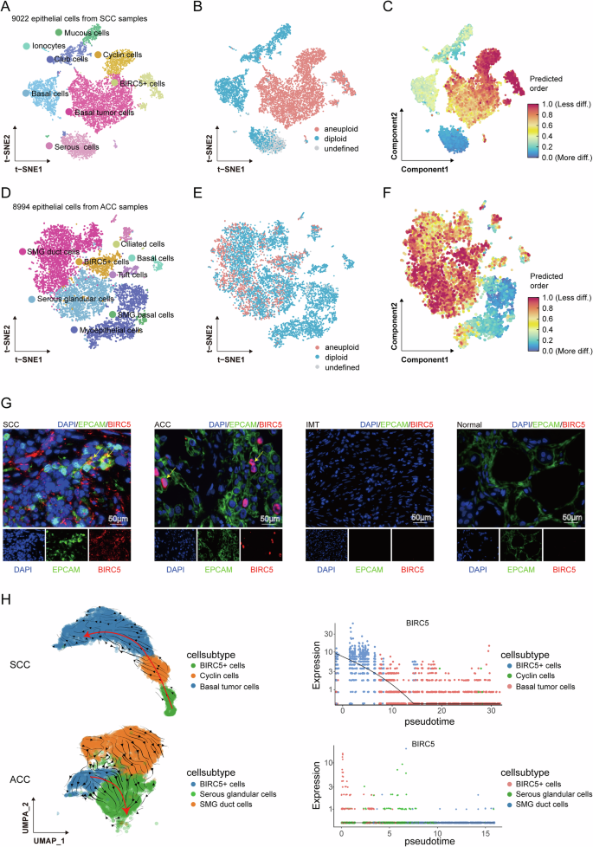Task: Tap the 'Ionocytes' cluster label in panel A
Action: [x=45, y=44]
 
